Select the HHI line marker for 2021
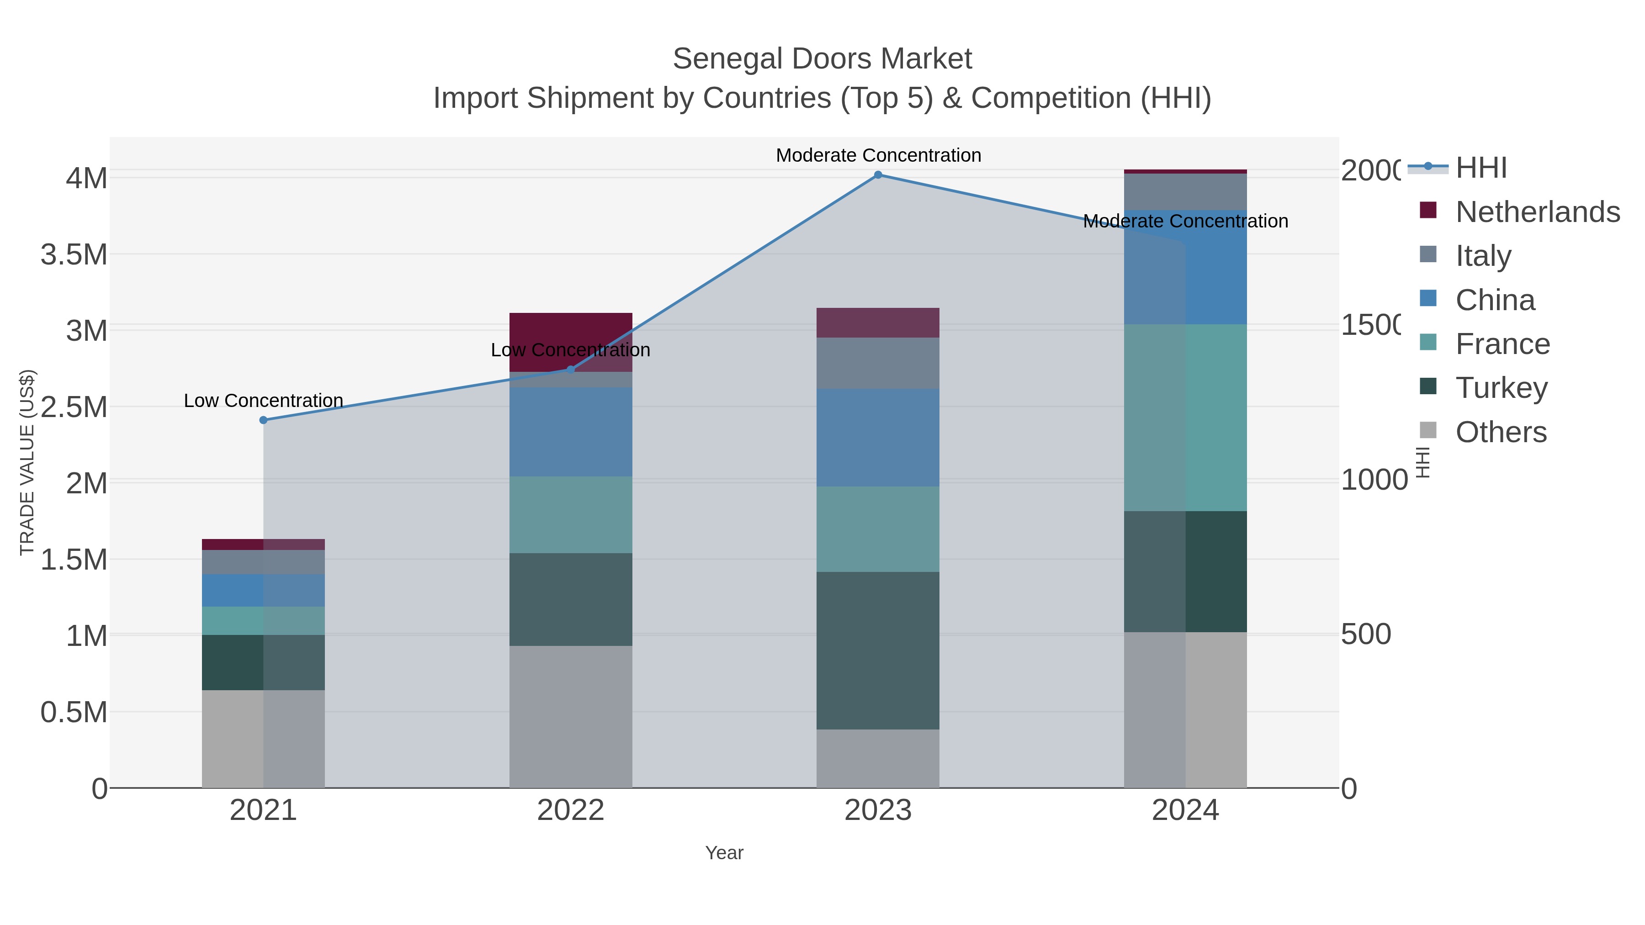(263, 420)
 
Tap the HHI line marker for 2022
(570, 370)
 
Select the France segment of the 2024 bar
(1185, 418)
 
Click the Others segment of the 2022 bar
(570, 716)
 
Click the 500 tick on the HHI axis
(1366, 634)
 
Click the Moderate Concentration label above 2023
(878, 155)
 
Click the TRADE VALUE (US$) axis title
(27, 462)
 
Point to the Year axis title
(724, 853)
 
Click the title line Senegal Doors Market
(822, 59)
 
